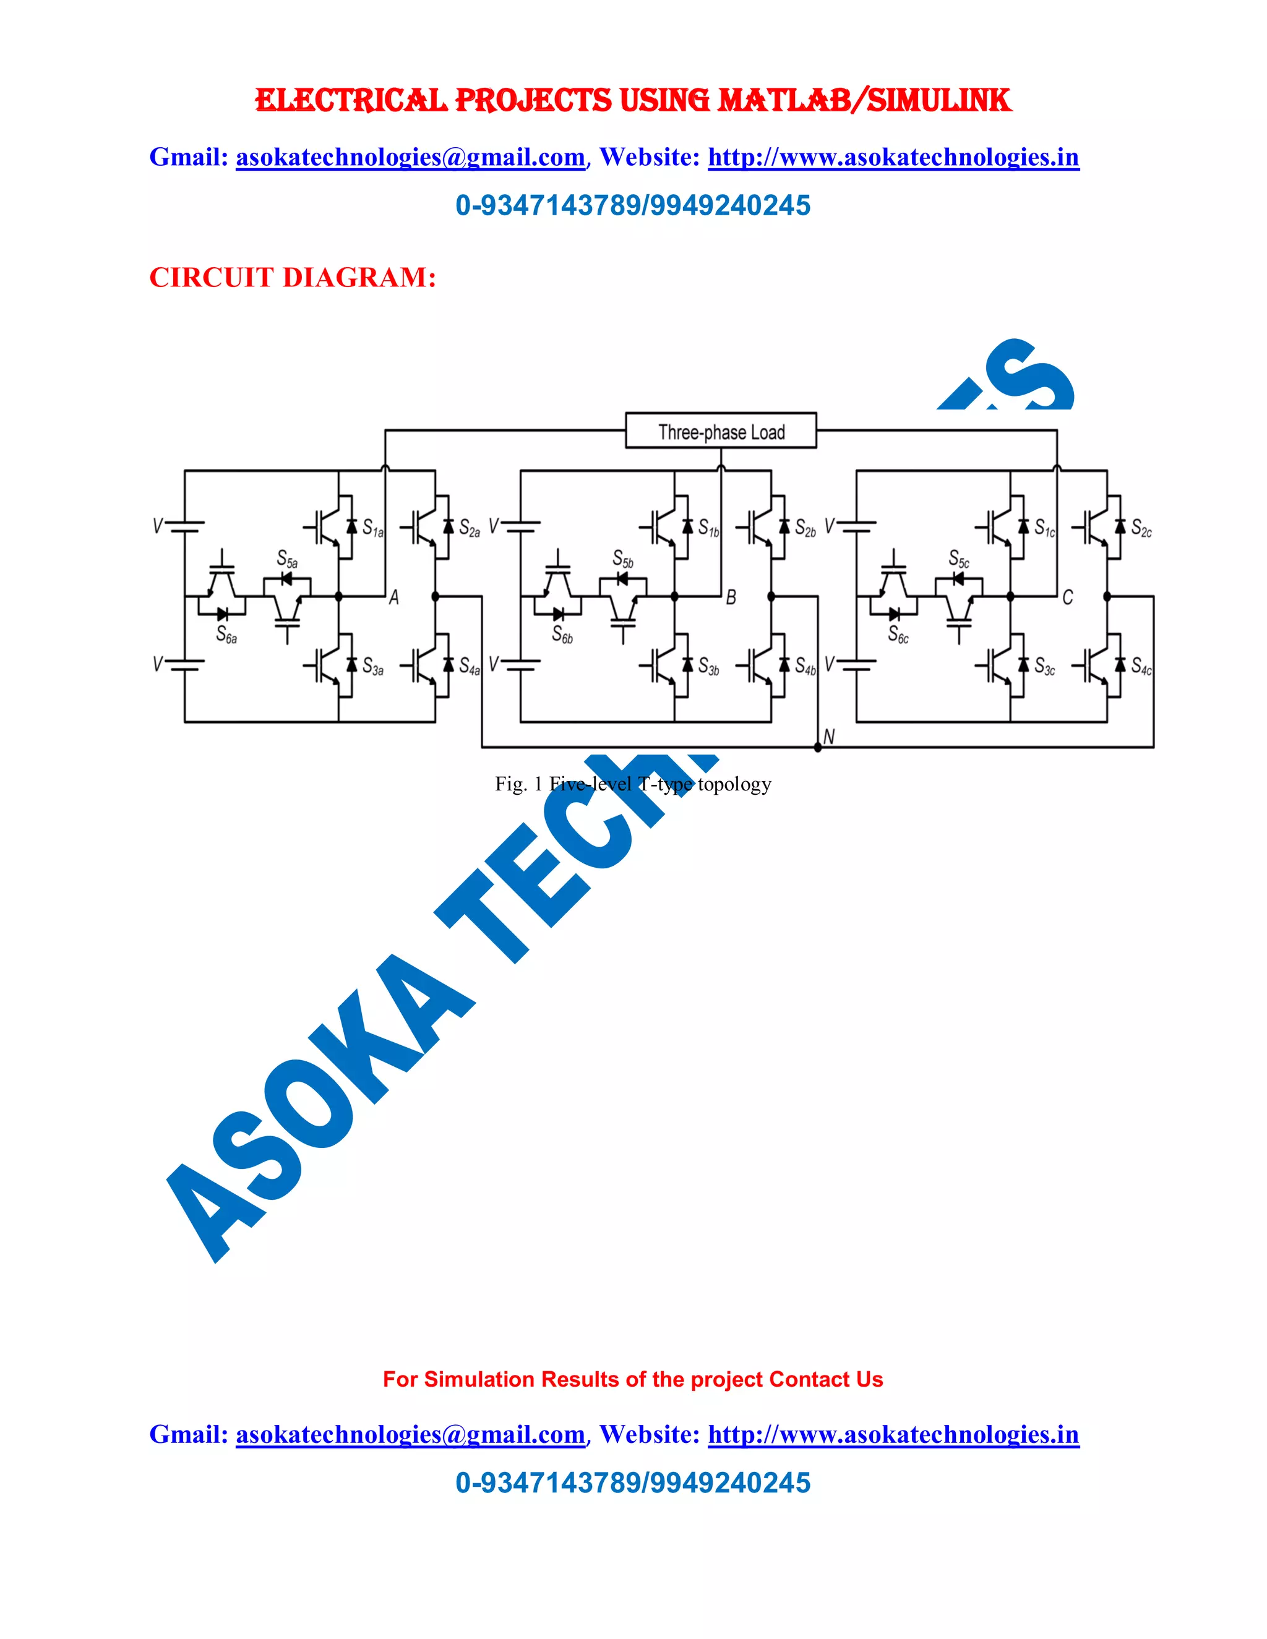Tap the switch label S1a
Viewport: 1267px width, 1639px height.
coord(372,528)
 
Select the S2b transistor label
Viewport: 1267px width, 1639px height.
coord(805,528)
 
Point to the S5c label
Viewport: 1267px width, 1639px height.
coord(958,558)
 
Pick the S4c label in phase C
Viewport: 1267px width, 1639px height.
coord(1141,666)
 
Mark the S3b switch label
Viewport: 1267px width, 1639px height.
coord(708,666)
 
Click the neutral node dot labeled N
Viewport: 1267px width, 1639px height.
coord(817,747)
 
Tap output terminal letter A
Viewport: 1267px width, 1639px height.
coord(394,597)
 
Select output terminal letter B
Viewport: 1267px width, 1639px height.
coord(731,597)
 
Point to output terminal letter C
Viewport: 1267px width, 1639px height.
coord(1067,597)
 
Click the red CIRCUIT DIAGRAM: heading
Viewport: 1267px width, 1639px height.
coord(292,278)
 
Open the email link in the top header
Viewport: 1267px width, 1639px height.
coord(410,158)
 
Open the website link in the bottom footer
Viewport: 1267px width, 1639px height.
coord(893,1434)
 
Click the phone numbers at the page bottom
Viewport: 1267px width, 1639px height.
coord(633,1483)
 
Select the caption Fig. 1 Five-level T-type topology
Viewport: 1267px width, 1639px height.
coord(633,784)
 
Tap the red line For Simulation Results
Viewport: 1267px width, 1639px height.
coord(633,1379)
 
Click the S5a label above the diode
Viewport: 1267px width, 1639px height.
coord(286,558)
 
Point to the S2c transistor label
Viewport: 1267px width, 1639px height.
coord(1141,528)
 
